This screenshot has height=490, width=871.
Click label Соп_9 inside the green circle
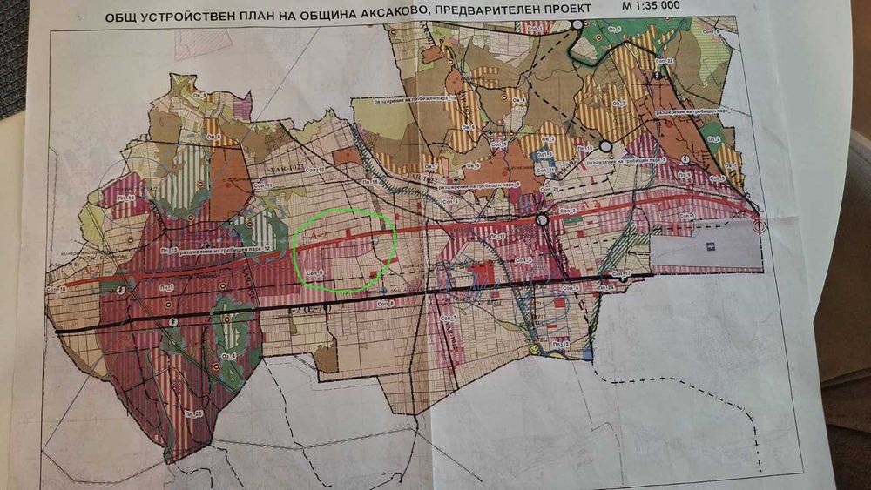[x=314, y=272]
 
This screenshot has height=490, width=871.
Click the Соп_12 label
[x=314, y=170]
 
